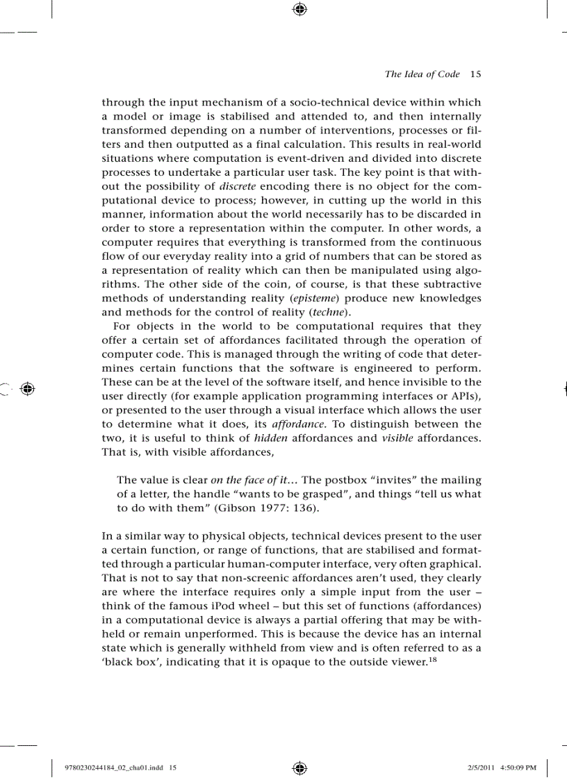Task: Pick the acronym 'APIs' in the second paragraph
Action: point(462,395)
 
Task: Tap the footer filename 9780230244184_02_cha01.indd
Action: point(115,767)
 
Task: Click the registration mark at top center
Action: point(299,9)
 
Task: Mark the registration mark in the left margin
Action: point(28,389)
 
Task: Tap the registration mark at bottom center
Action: point(299,767)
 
